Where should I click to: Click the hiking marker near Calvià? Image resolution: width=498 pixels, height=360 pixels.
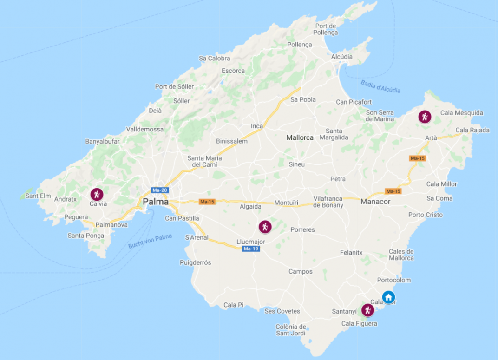(96, 194)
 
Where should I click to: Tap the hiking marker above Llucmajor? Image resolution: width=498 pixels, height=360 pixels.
(265, 227)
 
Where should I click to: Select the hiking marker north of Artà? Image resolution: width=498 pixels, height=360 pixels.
(425, 116)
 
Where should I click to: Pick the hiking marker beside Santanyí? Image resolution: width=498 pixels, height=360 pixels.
(368, 310)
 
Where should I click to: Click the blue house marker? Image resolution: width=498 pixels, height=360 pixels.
(388, 297)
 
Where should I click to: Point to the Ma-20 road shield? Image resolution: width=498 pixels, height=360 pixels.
(159, 190)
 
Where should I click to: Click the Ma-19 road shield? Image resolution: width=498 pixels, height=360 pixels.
(250, 249)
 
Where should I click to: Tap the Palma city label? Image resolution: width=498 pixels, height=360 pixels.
(156, 202)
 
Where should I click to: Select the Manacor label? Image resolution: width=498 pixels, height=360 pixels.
(375, 202)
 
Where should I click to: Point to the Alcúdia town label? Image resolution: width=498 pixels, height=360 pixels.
(341, 57)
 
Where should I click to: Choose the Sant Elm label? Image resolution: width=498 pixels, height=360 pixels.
(38, 196)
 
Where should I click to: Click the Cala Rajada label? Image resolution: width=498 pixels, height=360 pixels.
(472, 130)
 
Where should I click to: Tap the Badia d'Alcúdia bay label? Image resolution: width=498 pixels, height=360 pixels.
(380, 86)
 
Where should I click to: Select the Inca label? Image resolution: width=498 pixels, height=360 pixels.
(257, 126)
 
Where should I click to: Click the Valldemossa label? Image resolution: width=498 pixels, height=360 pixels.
(145, 129)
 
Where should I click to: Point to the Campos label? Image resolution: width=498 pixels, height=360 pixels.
(301, 271)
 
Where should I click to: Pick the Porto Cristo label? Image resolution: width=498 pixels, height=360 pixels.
(426, 215)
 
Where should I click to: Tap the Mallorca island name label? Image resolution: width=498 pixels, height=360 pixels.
(300, 137)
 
